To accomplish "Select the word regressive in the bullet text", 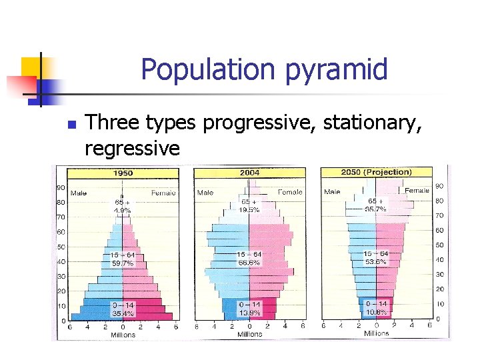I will pos(132,147).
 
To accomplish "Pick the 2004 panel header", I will pos(251,172).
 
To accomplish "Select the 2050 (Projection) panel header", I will pos(376,172).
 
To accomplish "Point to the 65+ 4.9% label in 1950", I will pos(121,205).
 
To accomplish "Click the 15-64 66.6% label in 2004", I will pos(249,259).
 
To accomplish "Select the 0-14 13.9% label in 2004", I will pos(249,309).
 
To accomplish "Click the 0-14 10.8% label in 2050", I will pos(375,308).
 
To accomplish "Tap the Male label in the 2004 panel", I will pos(206,193).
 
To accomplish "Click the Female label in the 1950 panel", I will pos(163,193).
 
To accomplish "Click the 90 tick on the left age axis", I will pos(60,187).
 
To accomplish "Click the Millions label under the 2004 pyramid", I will pos(250,334).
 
